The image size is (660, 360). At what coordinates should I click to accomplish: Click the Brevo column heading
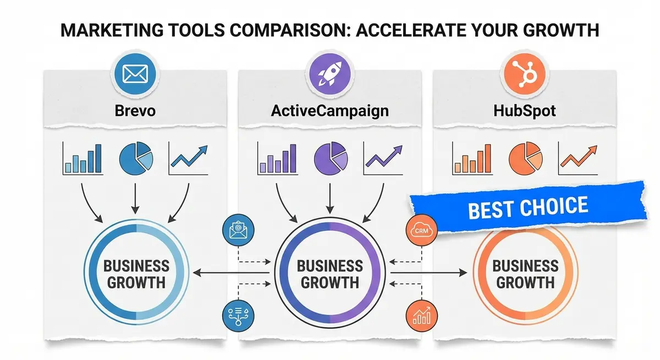pyautogui.click(x=135, y=110)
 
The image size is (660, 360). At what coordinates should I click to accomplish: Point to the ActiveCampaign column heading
pyautogui.click(x=330, y=110)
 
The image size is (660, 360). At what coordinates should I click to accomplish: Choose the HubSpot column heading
pyautogui.click(x=525, y=110)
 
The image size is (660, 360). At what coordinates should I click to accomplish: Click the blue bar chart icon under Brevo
pyautogui.click(x=82, y=158)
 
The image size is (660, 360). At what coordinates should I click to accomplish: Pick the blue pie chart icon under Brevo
pyautogui.click(x=136, y=158)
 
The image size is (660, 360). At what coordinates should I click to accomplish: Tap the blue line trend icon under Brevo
pyautogui.click(x=189, y=157)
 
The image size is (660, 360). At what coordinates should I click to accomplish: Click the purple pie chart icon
pyautogui.click(x=330, y=158)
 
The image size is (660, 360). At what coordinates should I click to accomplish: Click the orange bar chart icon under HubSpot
pyautogui.click(x=471, y=158)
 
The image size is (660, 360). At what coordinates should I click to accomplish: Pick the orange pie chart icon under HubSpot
pyautogui.click(x=525, y=158)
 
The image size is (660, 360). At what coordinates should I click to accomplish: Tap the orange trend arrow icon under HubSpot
pyautogui.click(x=578, y=157)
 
